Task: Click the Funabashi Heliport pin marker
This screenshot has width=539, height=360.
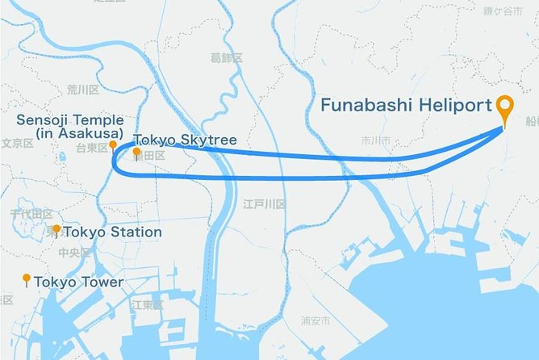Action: tap(506, 110)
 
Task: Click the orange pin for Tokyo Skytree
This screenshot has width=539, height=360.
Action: tap(137, 153)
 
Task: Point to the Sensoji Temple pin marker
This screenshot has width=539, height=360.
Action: tap(113, 145)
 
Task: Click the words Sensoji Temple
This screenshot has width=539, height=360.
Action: tap(69, 120)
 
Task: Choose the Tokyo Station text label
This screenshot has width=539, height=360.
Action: tap(112, 232)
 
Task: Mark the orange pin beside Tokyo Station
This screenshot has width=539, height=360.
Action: tap(56, 231)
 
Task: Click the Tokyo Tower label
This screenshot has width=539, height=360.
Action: tap(79, 282)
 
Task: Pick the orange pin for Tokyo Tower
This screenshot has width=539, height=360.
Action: tap(27, 280)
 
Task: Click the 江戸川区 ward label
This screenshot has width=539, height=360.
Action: tap(264, 205)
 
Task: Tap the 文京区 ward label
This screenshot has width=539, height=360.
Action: tap(16, 143)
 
